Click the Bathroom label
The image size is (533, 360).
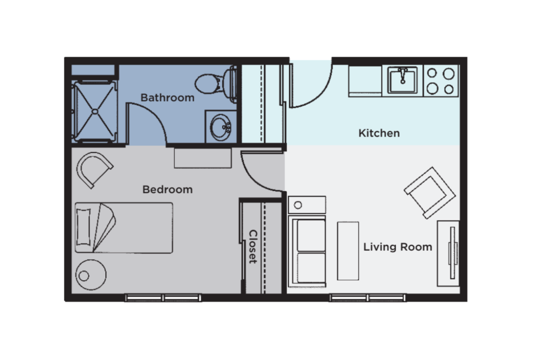pyautogui.click(x=167, y=97)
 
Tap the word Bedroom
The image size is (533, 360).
pyautogui.click(x=167, y=190)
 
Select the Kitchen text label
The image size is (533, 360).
pyautogui.click(x=379, y=133)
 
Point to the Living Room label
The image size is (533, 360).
pyautogui.click(x=398, y=247)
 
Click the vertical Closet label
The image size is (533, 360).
pyautogui.click(x=252, y=246)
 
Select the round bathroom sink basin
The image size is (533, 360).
pyautogui.click(x=222, y=127)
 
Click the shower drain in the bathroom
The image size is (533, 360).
pyautogui.click(x=94, y=110)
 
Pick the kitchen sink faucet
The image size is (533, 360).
pyautogui.click(x=402, y=76)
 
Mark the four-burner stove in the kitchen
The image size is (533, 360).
pyautogui.click(x=440, y=81)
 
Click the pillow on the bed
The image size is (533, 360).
pyautogui.click(x=83, y=227)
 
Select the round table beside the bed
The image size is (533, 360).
pyautogui.click(x=91, y=275)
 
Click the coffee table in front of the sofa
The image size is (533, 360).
pyautogui.click(x=348, y=251)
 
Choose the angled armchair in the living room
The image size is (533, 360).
pyautogui.click(x=429, y=192)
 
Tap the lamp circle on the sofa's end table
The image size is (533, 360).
pyautogui.click(x=298, y=205)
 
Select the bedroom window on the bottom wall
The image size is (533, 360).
pyautogui.click(x=163, y=298)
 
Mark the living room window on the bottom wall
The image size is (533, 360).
pyautogui.click(x=367, y=298)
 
